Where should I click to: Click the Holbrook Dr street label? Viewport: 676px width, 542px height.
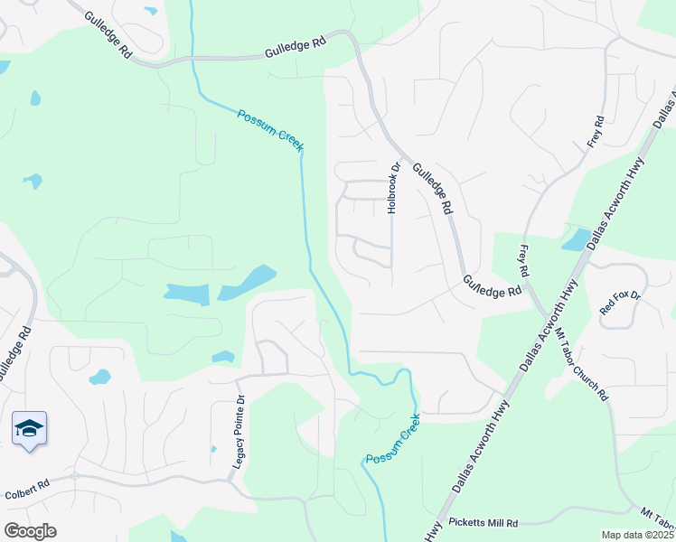coord(393,188)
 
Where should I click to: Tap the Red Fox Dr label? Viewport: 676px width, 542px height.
coord(620,302)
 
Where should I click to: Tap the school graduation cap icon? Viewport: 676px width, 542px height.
coord(30,427)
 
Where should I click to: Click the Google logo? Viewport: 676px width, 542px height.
coord(30,531)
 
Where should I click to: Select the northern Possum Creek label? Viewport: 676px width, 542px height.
coord(271,131)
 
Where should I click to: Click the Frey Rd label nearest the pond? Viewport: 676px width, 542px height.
coord(524,260)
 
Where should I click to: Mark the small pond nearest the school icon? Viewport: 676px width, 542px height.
coord(99,377)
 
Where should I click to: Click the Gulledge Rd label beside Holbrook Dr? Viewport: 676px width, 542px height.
coord(433,188)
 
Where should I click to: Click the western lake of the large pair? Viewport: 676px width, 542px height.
coord(186,293)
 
